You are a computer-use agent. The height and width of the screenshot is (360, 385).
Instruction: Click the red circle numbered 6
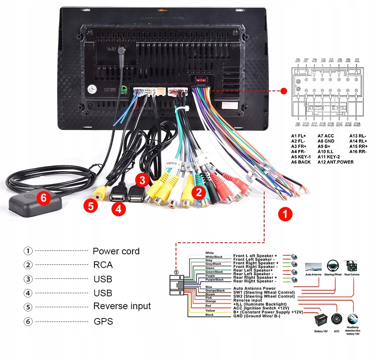(x=44, y=198)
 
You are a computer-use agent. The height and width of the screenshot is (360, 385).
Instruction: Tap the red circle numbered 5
(x=91, y=206)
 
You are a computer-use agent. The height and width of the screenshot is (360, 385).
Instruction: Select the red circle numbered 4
(x=118, y=209)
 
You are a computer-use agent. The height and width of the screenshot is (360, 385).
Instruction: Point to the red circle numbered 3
(x=142, y=180)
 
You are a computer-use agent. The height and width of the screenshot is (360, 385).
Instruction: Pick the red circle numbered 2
(x=199, y=191)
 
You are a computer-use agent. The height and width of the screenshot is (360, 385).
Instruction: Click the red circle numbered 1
(x=285, y=214)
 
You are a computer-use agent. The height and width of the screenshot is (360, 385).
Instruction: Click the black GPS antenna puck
(x=35, y=202)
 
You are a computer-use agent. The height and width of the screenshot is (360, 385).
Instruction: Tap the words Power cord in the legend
(x=116, y=251)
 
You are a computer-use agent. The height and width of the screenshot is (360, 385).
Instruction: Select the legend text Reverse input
(x=122, y=306)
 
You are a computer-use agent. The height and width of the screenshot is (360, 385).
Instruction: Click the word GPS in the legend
(x=103, y=322)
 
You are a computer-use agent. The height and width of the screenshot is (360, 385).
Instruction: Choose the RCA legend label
(x=103, y=265)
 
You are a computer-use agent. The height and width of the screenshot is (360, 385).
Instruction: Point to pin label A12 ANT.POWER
(x=335, y=162)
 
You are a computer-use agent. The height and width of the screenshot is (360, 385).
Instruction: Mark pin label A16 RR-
(x=358, y=151)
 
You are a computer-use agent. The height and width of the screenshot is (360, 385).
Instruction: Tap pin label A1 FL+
(x=298, y=136)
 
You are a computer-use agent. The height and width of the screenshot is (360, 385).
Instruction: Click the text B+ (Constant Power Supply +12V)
(x=268, y=312)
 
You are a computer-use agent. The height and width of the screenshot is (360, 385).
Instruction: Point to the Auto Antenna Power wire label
(x=254, y=289)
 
